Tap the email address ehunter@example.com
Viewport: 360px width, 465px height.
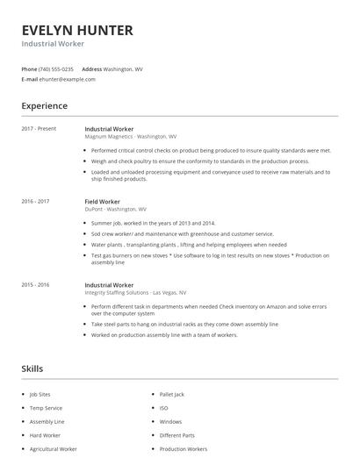[x=68, y=79]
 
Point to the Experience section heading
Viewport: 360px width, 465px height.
[x=45, y=106]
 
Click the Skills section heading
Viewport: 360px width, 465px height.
[x=32, y=369]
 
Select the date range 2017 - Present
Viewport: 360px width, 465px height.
[x=39, y=129]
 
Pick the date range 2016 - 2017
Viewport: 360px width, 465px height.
[x=35, y=202]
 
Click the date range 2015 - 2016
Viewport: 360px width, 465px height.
[x=35, y=285]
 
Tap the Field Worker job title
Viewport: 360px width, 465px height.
[x=103, y=202]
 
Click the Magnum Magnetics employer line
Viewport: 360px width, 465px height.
[x=130, y=137]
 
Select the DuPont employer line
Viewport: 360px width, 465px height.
[x=116, y=210]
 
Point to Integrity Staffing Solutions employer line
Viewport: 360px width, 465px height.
[x=135, y=293]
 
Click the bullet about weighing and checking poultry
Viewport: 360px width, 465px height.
[x=200, y=161]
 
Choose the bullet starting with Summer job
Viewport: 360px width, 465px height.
[x=154, y=224]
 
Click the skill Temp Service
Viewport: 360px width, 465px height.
[x=47, y=409]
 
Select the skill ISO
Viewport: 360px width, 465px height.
[x=163, y=409]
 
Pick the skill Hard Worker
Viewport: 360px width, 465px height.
[x=46, y=435]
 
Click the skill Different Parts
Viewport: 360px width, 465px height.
[x=176, y=435]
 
